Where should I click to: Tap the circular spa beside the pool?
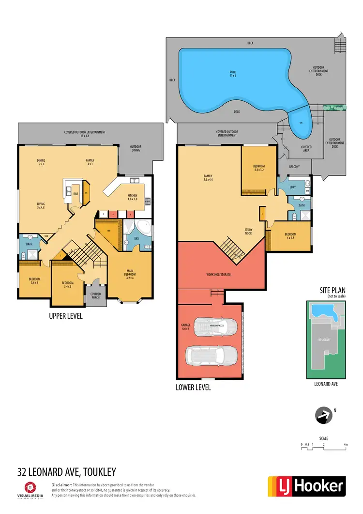point(301,124)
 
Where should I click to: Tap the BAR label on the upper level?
point(76,194)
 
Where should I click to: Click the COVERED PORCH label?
point(95,295)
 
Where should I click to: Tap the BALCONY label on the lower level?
point(294,167)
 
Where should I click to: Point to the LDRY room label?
point(292,186)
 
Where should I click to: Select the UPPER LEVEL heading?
point(66,316)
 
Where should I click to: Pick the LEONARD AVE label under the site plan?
point(327,384)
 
